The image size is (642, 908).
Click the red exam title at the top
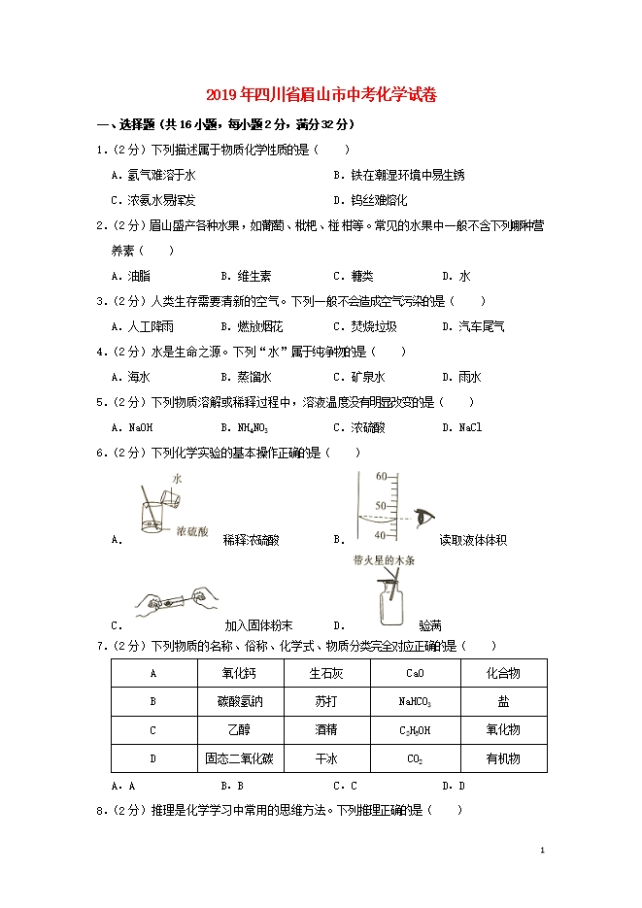(x=321, y=95)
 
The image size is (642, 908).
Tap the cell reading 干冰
(x=326, y=758)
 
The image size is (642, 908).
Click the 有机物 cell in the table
(x=502, y=758)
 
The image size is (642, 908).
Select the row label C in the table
(x=152, y=730)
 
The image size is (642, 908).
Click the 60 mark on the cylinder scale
(x=381, y=476)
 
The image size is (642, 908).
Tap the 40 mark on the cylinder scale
(x=381, y=535)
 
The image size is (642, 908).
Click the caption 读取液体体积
(x=473, y=540)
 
